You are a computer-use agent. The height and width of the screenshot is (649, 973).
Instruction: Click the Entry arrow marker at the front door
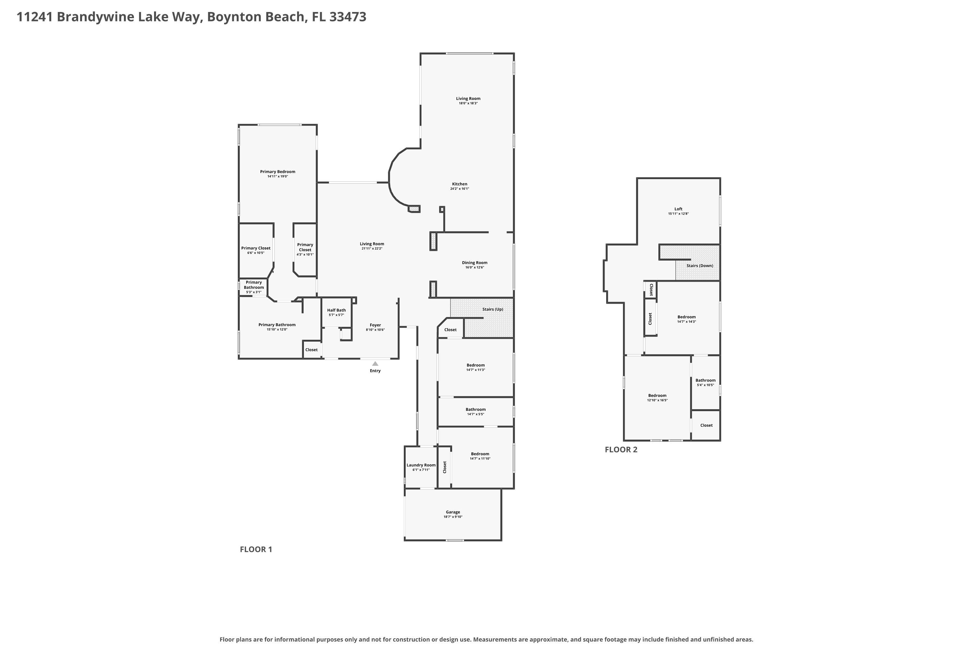click(x=375, y=364)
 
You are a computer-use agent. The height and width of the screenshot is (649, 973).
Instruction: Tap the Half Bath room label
click(x=336, y=310)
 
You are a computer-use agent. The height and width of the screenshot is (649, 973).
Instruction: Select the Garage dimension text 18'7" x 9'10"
click(x=453, y=517)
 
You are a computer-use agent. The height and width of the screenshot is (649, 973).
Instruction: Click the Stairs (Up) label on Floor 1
click(x=493, y=309)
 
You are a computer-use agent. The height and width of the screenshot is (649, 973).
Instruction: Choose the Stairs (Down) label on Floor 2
click(x=700, y=266)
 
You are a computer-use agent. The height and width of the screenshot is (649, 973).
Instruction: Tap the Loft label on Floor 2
click(x=679, y=209)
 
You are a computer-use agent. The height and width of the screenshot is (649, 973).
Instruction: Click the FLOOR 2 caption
click(x=621, y=449)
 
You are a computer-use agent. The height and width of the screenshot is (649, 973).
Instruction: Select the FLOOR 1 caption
click(x=256, y=549)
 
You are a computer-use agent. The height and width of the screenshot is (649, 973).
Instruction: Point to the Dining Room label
click(x=474, y=263)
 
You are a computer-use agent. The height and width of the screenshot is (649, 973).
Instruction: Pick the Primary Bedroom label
click(x=278, y=172)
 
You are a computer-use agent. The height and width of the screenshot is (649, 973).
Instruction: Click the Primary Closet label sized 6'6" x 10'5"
click(x=256, y=248)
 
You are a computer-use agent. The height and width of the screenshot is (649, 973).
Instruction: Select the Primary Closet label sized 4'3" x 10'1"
click(x=305, y=247)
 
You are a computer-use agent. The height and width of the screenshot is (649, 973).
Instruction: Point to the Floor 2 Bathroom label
click(x=705, y=380)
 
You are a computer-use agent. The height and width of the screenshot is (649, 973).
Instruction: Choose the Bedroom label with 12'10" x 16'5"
click(x=657, y=396)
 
